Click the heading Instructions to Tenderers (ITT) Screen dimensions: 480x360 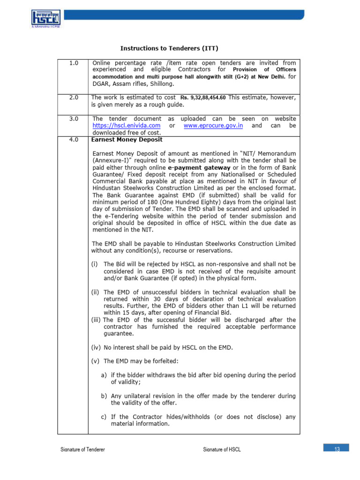tap(169, 48)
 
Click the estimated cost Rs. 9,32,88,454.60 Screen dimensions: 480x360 tap(203, 97)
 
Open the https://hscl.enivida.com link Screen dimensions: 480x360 tap(127, 126)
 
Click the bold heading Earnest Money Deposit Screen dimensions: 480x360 tap(127, 140)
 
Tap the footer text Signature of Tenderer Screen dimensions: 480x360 tap(83, 450)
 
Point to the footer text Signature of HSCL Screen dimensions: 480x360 tap(222, 450)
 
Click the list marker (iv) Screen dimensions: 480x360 tap(96, 347)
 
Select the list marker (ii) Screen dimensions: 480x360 tap(96, 292)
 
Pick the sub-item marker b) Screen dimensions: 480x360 tap(104, 396)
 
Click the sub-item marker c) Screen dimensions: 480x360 tap(104, 417)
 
